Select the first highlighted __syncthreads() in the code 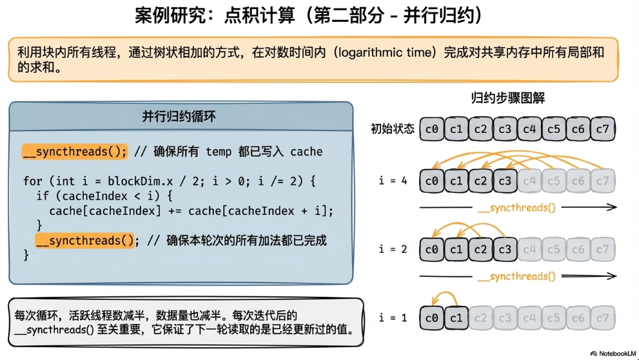(x=75, y=152)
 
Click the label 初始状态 (x=392, y=129)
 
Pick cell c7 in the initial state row (x=602, y=129)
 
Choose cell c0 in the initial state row (x=432, y=129)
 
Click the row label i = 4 (x=393, y=181)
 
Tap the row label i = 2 (x=393, y=249)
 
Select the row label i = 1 (x=393, y=317)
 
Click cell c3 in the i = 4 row (x=505, y=181)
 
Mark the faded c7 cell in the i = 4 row (x=602, y=181)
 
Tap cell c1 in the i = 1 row (x=457, y=317)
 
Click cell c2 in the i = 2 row (x=481, y=249)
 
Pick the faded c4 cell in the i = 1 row (x=529, y=317)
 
